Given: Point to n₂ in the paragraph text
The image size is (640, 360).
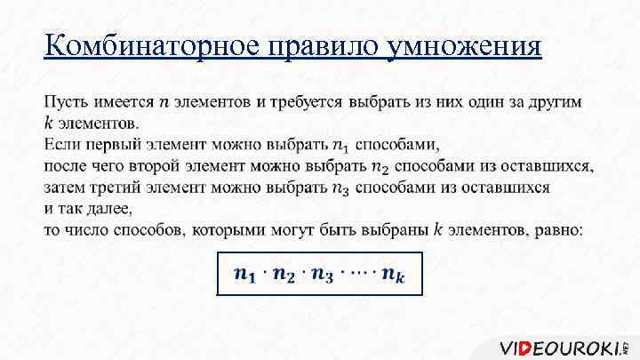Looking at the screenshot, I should pyautogui.click(x=380, y=166).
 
